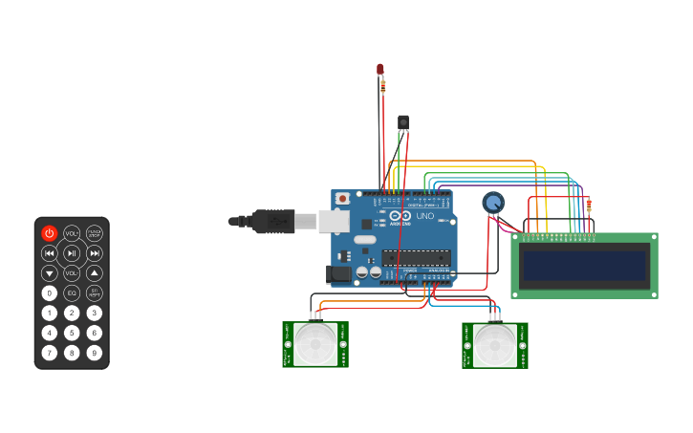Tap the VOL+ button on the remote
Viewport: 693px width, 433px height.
[72, 232]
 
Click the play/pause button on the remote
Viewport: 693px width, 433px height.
[72, 253]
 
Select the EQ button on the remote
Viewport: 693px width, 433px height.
[72, 293]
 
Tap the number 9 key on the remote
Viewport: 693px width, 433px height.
[94, 353]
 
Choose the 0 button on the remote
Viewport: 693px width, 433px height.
[49, 293]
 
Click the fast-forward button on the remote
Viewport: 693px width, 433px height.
[94, 253]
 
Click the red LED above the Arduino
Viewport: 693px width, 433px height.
[379, 69]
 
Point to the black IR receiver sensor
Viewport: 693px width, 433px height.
[403, 122]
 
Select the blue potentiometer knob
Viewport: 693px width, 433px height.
[492, 203]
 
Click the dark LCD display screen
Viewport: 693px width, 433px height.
[584, 266]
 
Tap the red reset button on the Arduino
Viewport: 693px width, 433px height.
[342, 199]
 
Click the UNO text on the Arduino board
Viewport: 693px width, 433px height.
[424, 216]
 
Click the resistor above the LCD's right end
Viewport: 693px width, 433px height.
[589, 205]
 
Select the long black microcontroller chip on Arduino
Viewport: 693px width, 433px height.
[416, 256]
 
